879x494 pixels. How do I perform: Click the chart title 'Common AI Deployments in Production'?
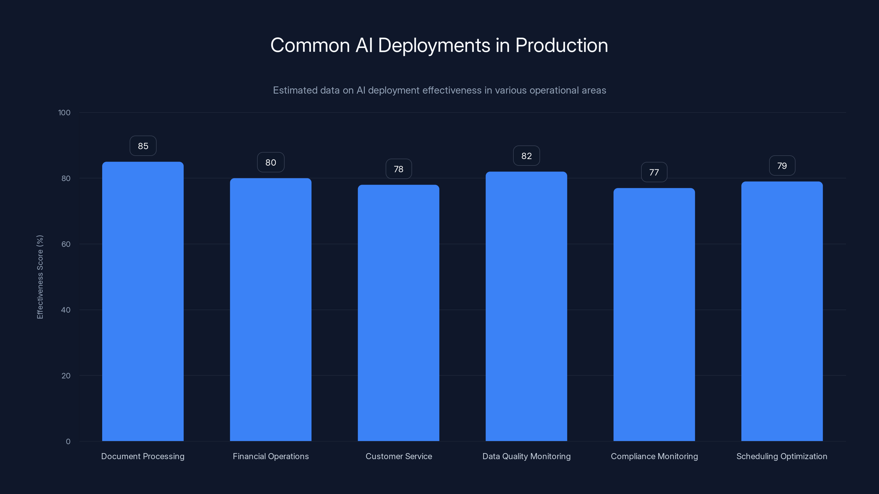tap(439, 45)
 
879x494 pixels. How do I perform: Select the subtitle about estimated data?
tap(439, 90)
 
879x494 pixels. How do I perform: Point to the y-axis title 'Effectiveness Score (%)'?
tap(40, 277)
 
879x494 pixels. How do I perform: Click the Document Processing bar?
tap(143, 301)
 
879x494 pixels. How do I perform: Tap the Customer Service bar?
tap(398, 313)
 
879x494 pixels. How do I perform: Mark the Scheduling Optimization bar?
tap(782, 311)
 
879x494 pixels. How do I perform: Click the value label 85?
tap(143, 146)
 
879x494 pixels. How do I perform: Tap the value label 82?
tap(527, 156)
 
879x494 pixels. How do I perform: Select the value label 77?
tap(654, 172)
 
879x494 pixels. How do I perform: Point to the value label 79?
tap(782, 166)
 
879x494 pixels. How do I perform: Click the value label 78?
tap(399, 169)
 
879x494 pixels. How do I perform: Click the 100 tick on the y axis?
tap(64, 113)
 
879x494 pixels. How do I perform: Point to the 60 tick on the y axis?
tap(66, 244)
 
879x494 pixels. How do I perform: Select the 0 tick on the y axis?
tap(68, 442)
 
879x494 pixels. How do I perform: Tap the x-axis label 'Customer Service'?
tap(399, 456)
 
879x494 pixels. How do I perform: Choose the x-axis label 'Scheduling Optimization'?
tap(782, 456)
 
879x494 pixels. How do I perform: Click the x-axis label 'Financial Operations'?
tap(271, 456)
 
